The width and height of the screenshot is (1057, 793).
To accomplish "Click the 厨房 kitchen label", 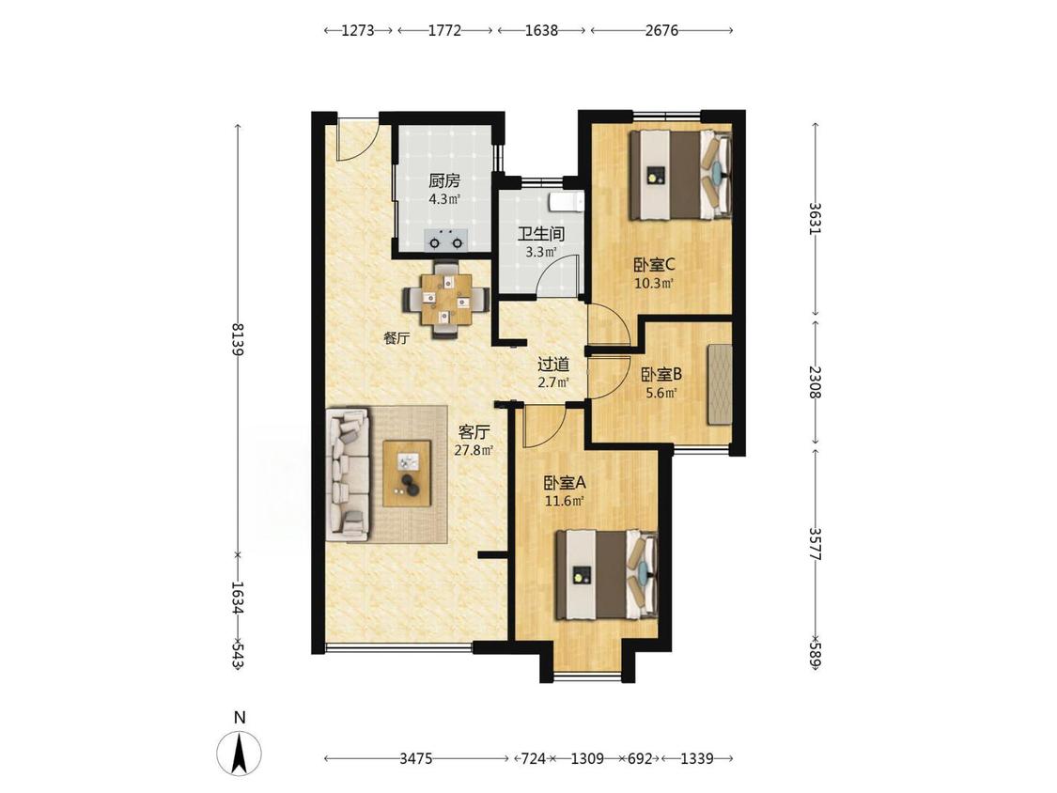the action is (x=444, y=180).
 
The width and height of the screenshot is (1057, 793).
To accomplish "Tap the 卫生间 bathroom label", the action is (x=540, y=234).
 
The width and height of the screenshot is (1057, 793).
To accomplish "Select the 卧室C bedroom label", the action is (x=654, y=264).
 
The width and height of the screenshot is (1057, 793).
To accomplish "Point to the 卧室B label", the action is (x=661, y=374).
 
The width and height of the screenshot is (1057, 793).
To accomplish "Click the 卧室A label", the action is (x=565, y=483).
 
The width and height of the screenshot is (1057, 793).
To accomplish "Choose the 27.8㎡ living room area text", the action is (x=474, y=450).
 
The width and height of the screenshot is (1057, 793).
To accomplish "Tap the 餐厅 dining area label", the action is (x=396, y=338).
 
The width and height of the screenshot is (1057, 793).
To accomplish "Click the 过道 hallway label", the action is (x=553, y=365).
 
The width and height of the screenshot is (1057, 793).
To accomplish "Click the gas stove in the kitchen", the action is (x=445, y=240).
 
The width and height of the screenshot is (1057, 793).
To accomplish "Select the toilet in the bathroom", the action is (x=566, y=200).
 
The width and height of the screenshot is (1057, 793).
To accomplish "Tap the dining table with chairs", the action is (x=445, y=299).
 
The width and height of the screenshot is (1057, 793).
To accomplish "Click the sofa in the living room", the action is (x=348, y=474).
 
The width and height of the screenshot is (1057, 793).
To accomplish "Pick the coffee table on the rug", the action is (x=407, y=473).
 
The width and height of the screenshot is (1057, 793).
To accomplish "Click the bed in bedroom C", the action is (x=680, y=175).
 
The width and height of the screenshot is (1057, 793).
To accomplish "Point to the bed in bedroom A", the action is (x=606, y=574).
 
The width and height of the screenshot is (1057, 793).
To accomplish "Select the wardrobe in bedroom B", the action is (x=720, y=384).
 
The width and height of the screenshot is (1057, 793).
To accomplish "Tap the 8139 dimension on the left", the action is (x=238, y=340).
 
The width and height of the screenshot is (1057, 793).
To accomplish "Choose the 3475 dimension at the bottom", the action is (x=416, y=758).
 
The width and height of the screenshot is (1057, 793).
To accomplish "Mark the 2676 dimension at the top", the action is (x=662, y=30).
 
